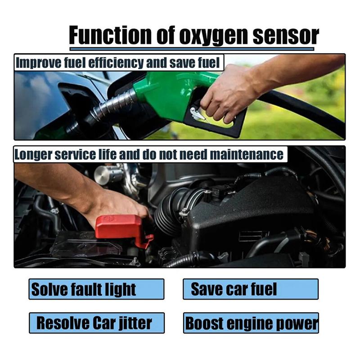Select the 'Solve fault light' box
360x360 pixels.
96,289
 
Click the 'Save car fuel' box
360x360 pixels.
250,289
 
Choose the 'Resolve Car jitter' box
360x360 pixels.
96,323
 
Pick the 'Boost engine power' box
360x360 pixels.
251,323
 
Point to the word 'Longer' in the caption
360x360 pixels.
32,154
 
